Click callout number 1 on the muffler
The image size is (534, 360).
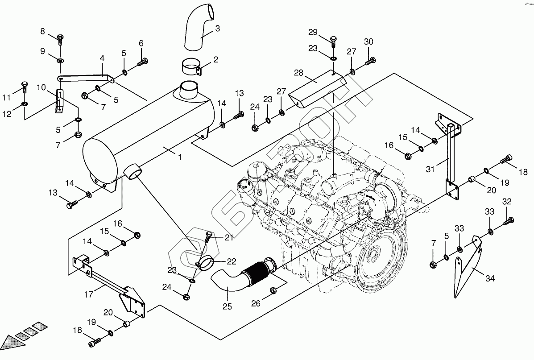coord(179,157)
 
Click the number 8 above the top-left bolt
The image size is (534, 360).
coord(42,32)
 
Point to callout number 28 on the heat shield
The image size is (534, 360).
coord(298,73)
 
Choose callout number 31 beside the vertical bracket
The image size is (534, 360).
coord(431,169)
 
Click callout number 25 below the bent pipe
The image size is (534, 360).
coord(227,307)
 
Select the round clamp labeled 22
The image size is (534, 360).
coord(205,264)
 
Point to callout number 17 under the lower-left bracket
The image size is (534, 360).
coord(88,294)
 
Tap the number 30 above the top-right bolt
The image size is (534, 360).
coord(368,41)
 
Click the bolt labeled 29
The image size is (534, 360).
coord(333,42)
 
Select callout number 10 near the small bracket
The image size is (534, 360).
coord(41,87)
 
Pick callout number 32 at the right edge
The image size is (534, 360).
coord(507,202)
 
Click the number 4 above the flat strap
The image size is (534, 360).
coord(102,58)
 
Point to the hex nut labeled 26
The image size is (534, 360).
coord(273,290)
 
